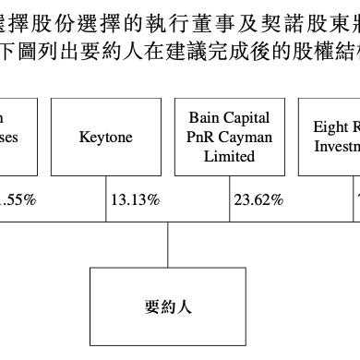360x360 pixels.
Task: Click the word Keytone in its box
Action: [x=106, y=138]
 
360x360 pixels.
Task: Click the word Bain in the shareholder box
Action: [x=204, y=118]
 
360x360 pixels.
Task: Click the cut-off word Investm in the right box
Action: [x=337, y=147]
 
